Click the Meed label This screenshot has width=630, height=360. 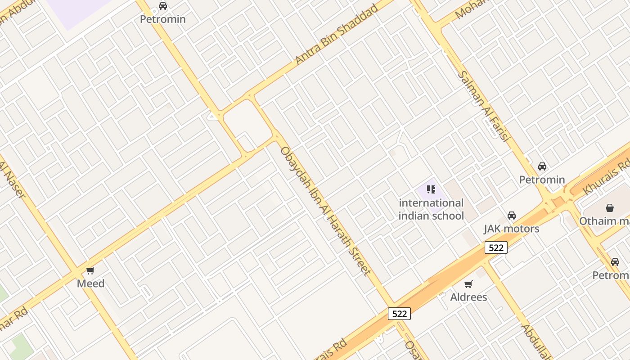(90, 283)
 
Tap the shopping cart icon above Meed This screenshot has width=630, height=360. (90, 270)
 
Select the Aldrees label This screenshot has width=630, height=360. (468, 297)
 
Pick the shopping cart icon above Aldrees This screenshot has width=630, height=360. (468, 284)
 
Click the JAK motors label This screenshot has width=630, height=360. (511, 229)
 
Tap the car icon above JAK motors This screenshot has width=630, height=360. (511, 216)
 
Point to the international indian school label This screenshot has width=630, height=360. (431, 209)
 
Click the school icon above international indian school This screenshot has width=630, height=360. (431, 189)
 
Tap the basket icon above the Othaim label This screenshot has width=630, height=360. (610, 208)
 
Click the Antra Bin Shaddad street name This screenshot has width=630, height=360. (336, 35)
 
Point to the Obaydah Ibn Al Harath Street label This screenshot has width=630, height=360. (325, 211)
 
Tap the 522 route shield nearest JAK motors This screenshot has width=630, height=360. (496, 247)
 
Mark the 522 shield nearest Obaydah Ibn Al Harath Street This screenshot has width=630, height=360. (399, 314)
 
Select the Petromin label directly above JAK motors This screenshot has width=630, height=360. (542, 180)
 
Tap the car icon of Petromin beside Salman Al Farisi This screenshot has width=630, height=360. (542, 166)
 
